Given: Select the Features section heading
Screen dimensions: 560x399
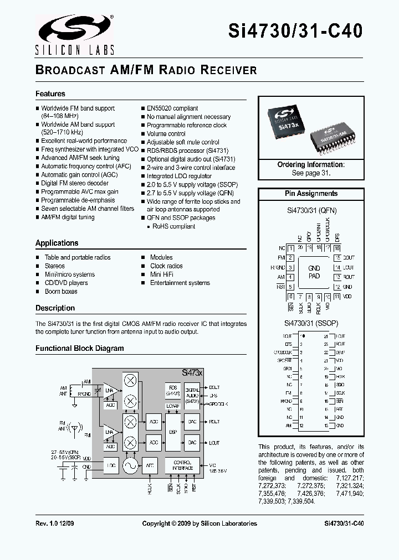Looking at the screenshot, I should pyautogui.click(x=50, y=94).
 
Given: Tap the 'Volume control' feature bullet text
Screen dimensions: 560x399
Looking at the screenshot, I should pyautogui.click(x=166, y=133).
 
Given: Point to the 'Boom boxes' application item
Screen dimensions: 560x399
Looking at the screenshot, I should pyautogui.click(x=61, y=292).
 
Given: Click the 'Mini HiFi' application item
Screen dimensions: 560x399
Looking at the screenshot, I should pyautogui.click(x=163, y=274).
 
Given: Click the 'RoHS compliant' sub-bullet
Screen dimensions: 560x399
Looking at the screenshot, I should pyautogui.click(x=175, y=226).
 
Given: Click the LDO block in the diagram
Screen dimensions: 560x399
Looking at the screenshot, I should pyautogui.click(x=111, y=466).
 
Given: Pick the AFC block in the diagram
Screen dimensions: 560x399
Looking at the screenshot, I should pyautogui.click(x=150, y=466).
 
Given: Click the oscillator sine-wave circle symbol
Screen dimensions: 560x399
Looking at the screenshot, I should pyautogui.click(x=130, y=466).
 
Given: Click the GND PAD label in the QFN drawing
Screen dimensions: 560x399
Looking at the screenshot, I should pyautogui.click(x=314, y=272).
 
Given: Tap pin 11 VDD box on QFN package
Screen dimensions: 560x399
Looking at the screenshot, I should pyautogui.click(x=336, y=297).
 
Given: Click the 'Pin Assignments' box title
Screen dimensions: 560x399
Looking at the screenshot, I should pyautogui.click(x=311, y=194).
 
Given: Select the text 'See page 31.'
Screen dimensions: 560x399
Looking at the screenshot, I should pyautogui.click(x=311, y=173).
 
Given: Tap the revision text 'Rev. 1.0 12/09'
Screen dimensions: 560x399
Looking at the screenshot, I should pyautogui.click(x=55, y=523).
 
